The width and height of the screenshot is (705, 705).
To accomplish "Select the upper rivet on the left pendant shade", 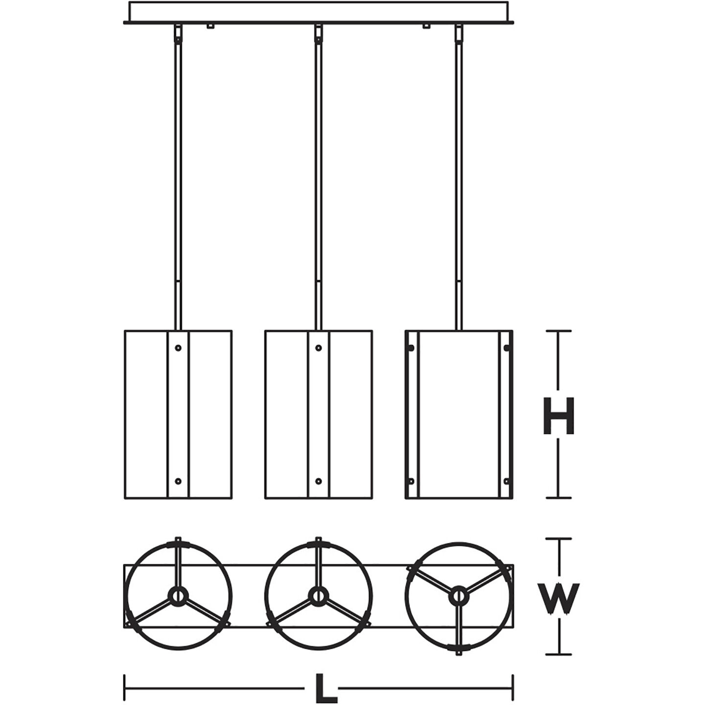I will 178,348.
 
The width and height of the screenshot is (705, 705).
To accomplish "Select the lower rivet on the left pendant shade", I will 178,481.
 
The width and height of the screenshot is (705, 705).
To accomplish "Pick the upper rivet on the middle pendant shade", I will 319,348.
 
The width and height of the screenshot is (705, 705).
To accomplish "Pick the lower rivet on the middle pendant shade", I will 319,481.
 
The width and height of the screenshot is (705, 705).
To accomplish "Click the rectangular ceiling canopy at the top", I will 319,11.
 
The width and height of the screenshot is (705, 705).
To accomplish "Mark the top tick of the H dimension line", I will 559,331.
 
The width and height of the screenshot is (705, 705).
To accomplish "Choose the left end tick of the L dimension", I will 125,688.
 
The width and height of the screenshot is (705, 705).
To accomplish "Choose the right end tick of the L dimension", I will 513,688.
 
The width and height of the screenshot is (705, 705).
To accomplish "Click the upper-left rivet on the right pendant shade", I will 411,348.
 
